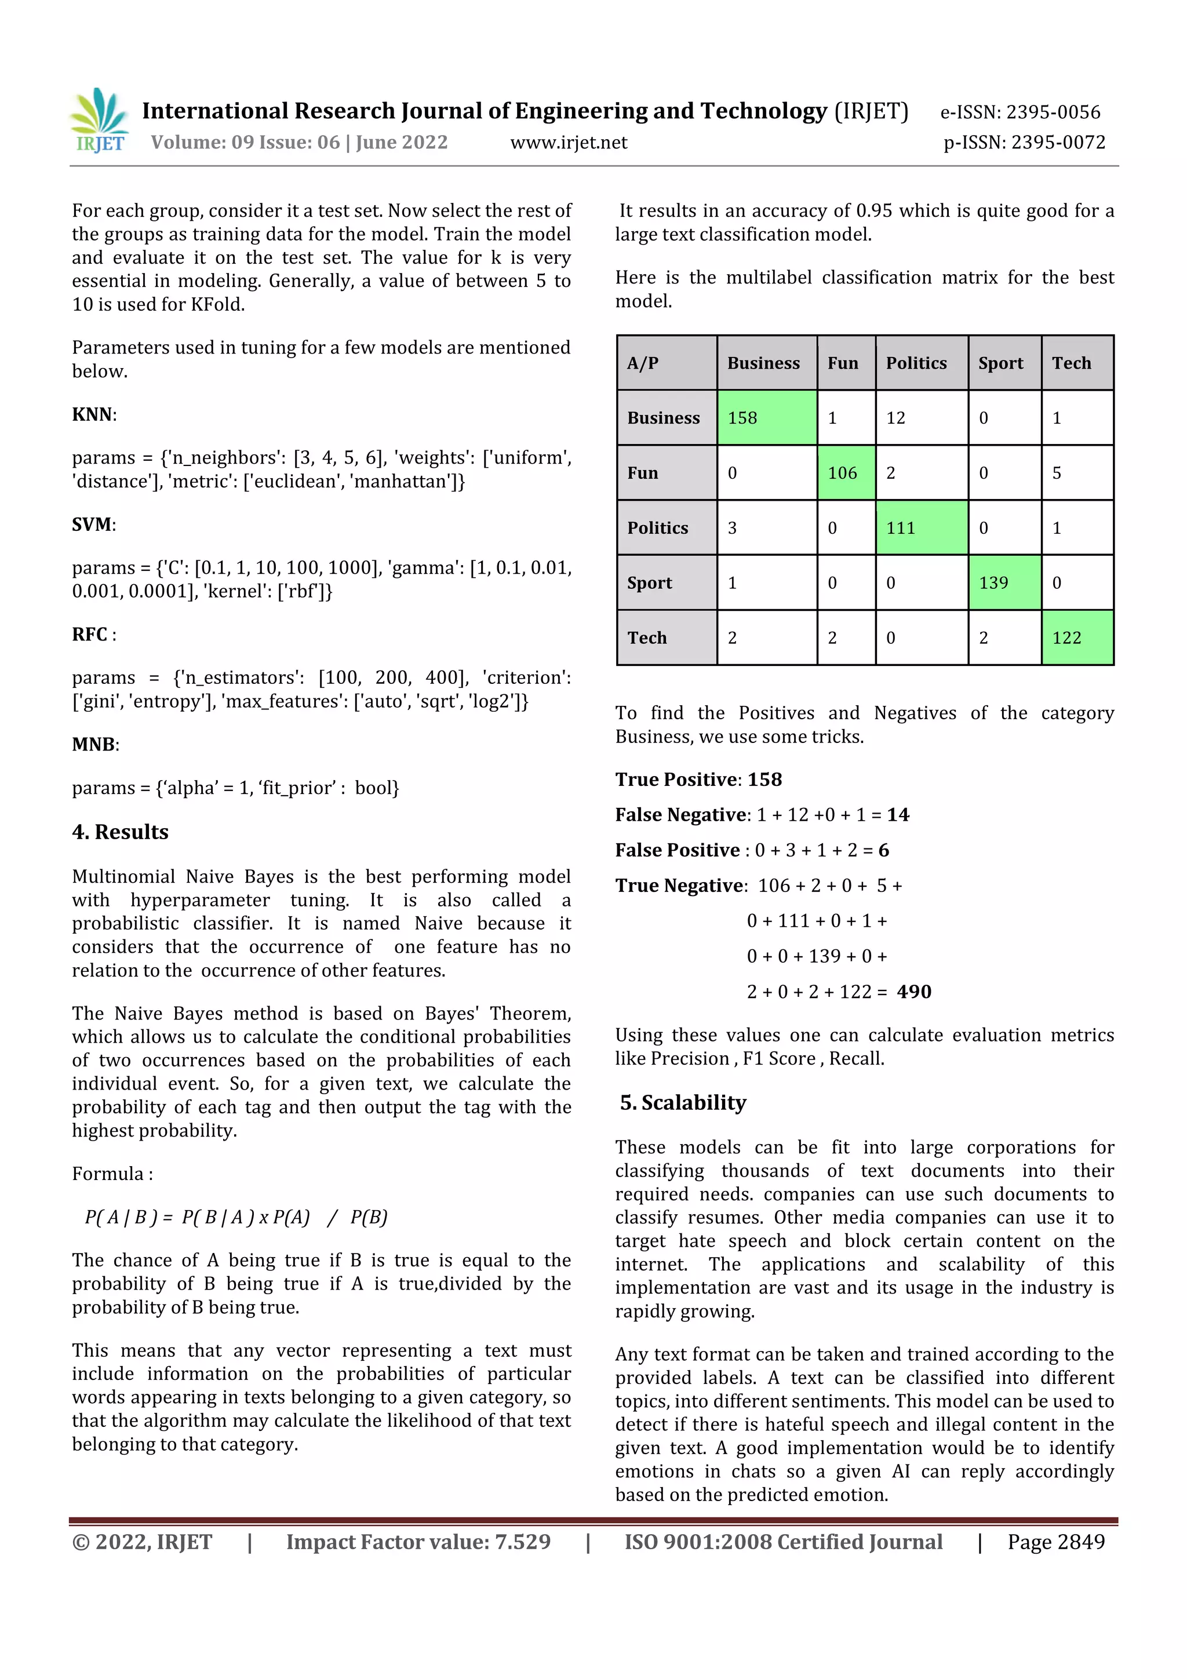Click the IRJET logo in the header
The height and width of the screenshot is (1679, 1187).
tap(100, 120)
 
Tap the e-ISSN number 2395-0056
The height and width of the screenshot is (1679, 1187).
tap(1053, 112)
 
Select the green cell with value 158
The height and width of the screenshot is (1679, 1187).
tap(766, 417)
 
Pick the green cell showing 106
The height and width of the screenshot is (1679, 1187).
tap(846, 473)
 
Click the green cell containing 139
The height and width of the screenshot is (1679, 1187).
tap(1003, 583)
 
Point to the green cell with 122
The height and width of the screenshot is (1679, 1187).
tap(1076, 638)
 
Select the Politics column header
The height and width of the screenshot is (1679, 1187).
tap(916, 363)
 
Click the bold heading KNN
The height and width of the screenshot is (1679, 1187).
tap(93, 414)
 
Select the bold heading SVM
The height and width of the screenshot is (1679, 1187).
tap(92, 525)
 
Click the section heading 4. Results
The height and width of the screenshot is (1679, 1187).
tap(120, 832)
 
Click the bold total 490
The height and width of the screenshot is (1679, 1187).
tap(913, 992)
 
